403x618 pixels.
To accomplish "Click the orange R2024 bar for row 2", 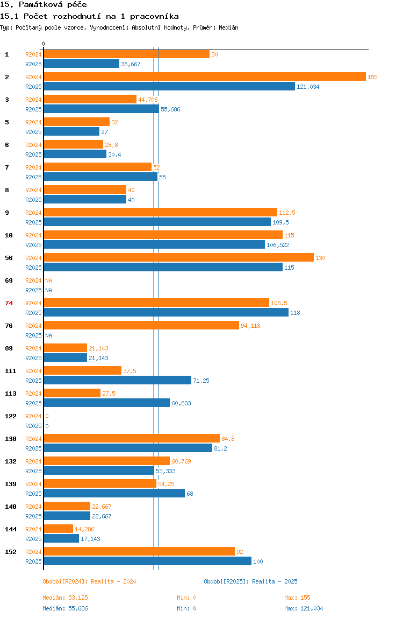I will [x=204, y=76].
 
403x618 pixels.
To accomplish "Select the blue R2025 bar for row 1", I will [x=81, y=64].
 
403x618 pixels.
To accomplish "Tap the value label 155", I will [x=372, y=77].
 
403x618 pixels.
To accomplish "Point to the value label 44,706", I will [x=148, y=100].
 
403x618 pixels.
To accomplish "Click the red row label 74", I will [x=9, y=303].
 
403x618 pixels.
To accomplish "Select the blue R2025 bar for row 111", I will [x=117, y=380].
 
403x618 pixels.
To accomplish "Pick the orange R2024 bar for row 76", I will [x=141, y=325].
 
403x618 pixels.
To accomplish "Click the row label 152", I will [x=10, y=552].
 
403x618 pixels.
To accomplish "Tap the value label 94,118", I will [x=250, y=326].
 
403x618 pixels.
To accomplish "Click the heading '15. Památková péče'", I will [x=44, y=5].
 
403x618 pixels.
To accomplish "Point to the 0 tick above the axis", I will [x=44, y=44].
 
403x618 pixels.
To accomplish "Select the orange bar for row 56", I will [x=178, y=257].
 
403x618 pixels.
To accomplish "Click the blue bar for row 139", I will [x=114, y=493].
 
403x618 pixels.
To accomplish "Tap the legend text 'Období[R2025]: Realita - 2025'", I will [x=250, y=581].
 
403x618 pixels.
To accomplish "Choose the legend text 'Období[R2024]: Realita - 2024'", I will [x=89, y=581].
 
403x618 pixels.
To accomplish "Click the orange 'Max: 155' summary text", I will [x=297, y=598].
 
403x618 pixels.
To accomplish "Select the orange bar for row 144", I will [x=58, y=529].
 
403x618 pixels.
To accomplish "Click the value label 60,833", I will [x=181, y=403].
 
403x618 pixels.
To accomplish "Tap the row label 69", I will [x=9, y=280].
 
